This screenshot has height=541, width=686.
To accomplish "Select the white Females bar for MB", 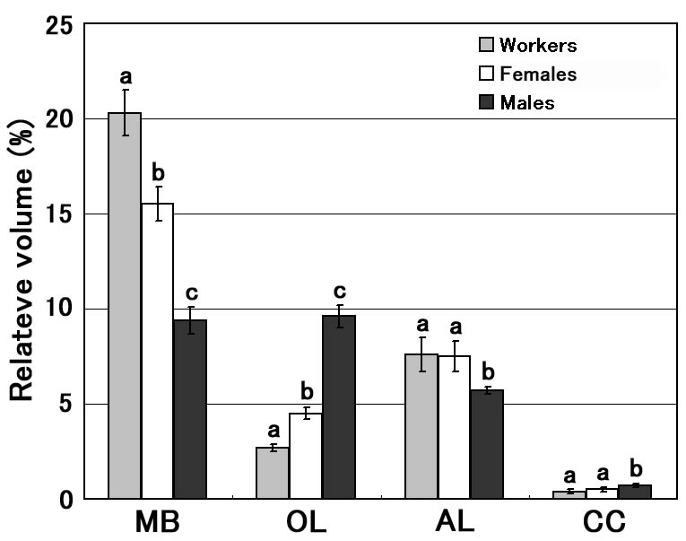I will [x=157, y=351].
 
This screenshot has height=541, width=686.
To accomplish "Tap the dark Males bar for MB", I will [x=190, y=409].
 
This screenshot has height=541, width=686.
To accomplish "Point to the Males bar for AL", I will [x=487, y=444].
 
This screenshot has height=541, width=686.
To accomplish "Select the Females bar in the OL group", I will [x=306, y=456].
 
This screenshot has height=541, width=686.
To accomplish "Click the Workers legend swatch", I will [x=486, y=45].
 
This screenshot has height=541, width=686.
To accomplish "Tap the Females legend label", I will [x=538, y=74].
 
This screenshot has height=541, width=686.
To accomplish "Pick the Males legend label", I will [x=527, y=102].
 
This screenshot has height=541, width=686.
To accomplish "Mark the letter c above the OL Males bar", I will [x=339, y=292].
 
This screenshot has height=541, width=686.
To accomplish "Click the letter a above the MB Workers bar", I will [x=126, y=75].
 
